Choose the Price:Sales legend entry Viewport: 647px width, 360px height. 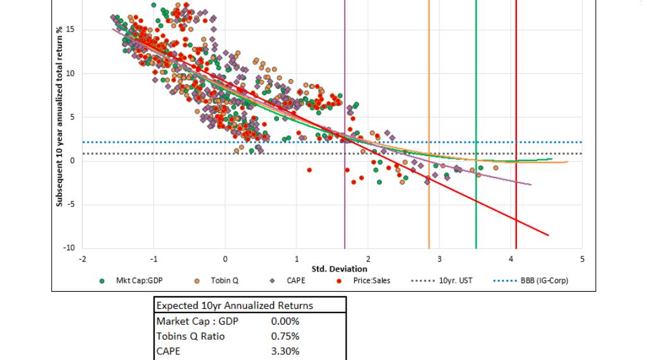click(x=368, y=280)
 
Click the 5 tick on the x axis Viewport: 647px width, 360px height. click(x=583, y=259)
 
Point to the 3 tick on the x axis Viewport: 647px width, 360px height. click(x=440, y=259)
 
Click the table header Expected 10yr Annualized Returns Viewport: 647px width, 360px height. click(x=234, y=306)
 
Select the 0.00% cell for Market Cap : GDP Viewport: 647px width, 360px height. click(x=285, y=321)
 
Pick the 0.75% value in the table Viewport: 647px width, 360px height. click(x=285, y=336)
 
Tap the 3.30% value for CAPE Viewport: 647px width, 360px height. click(x=285, y=351)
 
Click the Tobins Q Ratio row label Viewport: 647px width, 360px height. click(x=191, y=336)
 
